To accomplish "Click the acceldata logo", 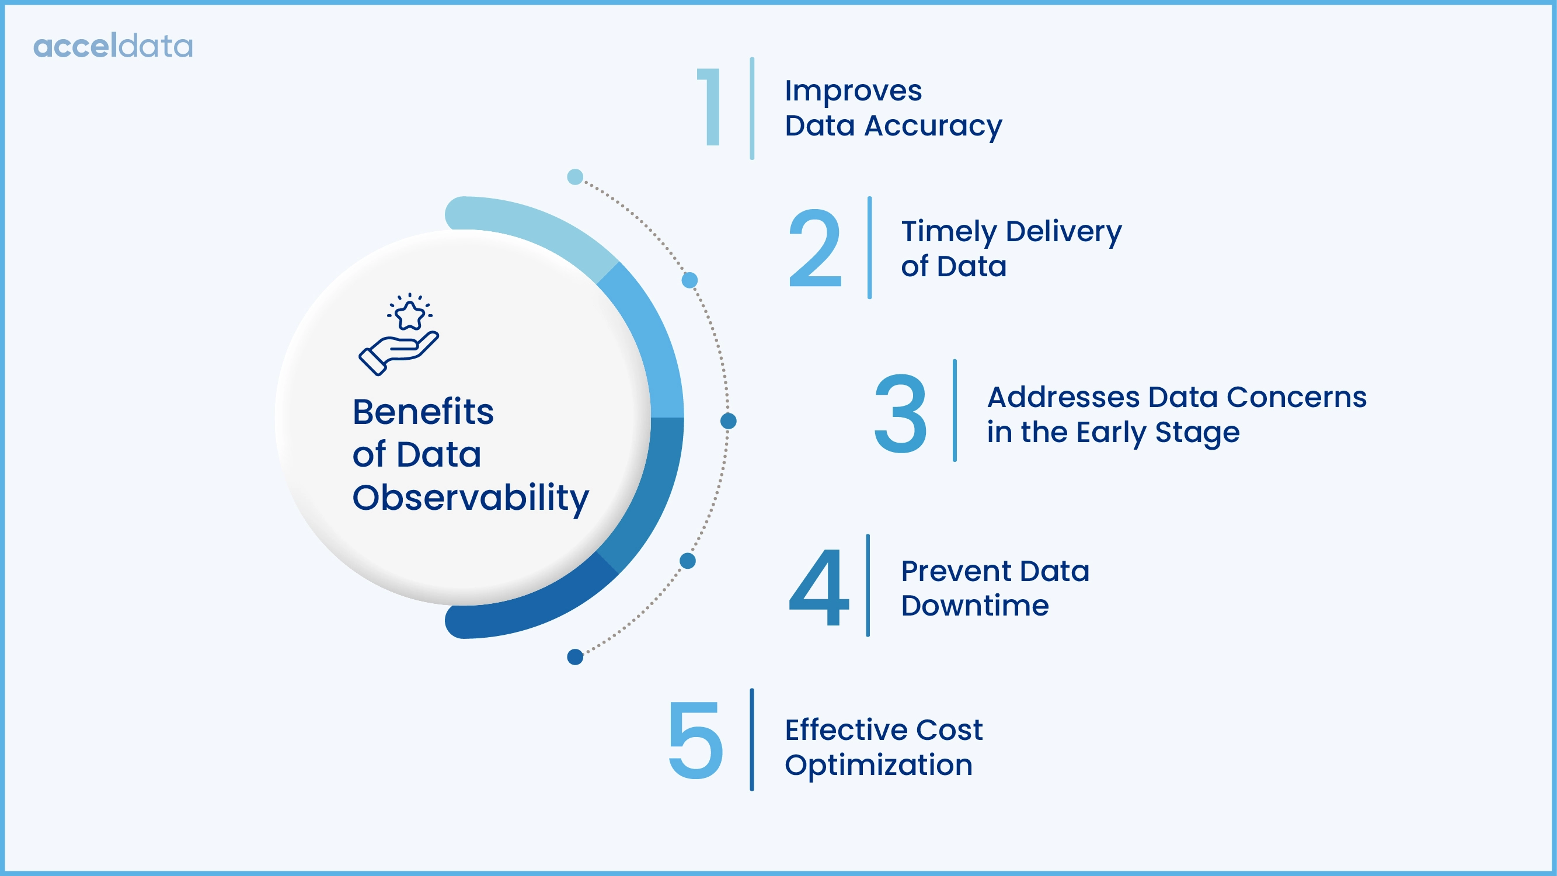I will pos(113,47).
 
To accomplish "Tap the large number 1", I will pos(712,107).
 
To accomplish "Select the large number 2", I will pos(815,248).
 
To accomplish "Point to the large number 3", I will pos(900,413).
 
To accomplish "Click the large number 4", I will pos(819,588).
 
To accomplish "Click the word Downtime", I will pos(974,606).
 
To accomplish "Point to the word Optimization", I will pos(878,766).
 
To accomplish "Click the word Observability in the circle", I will pos(470,498).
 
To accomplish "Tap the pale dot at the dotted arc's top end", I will pos(575,177).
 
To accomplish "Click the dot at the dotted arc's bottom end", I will pos(575,656).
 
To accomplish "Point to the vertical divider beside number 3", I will pos(955,411).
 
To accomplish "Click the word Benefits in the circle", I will pos(423,412).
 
